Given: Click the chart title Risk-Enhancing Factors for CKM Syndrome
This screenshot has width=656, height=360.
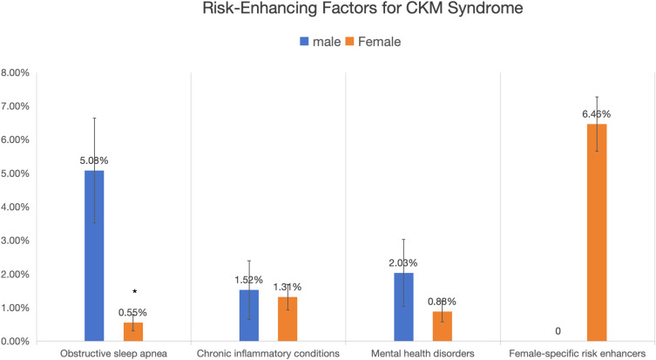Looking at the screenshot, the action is (x=362, y=9).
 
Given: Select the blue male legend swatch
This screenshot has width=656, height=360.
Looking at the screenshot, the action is (x=304, y=42).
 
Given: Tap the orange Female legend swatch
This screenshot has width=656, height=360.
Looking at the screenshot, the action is (x=349, y=42).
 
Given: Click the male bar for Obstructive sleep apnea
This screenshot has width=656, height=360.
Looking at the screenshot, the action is (x=94, y=255).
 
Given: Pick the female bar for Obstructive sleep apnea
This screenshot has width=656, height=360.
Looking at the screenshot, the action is (x=133, y=332).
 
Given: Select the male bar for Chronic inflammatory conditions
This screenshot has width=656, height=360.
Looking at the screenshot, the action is (x=249, y=316).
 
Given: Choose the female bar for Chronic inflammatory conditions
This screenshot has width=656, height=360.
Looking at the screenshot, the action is (x=287, y=319).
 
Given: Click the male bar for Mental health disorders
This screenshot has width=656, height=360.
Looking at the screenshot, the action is (x=403, y=307).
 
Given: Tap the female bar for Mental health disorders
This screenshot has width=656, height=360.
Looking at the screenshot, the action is (x=443, y=327).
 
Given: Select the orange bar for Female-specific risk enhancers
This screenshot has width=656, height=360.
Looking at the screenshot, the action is (x=597, y=233).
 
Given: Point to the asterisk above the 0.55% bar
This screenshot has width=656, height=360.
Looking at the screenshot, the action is (x=135, y=291).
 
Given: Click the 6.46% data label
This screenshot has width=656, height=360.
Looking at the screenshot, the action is (x=596, y=114).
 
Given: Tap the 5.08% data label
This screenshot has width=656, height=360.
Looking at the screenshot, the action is (x=94, y=160).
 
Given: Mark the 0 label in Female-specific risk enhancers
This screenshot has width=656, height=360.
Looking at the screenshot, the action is (x=558, y=331).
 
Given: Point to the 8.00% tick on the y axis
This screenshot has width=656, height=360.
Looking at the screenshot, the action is (x=15, y=73).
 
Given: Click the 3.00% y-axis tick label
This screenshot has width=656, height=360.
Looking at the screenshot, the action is (x=15, y=241).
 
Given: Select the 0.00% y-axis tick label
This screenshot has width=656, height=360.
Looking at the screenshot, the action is (x=15, y=342).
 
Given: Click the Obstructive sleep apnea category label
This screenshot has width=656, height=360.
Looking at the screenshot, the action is (x=113, y=354).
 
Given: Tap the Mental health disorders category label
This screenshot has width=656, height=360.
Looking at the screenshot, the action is (x=423, y=354).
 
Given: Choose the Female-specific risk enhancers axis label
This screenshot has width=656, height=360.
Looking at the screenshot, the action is (x=578, y=354).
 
